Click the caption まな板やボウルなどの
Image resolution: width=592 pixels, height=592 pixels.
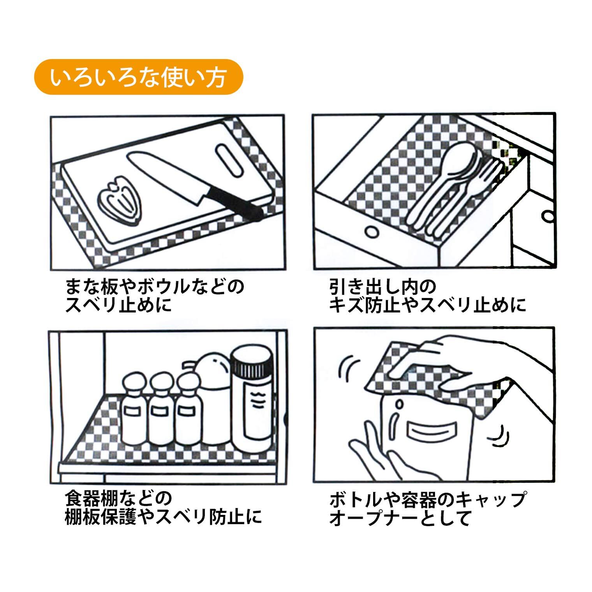coord(155,287)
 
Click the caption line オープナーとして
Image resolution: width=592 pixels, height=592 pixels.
coord(400,518)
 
